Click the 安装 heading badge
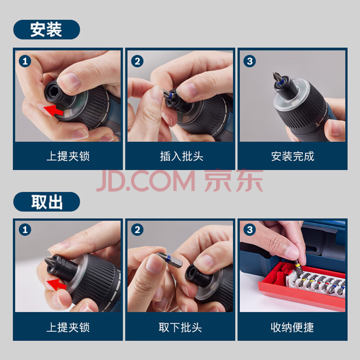coord(47,29)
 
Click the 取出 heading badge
coord(47,202)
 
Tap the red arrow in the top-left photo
coord(54,110)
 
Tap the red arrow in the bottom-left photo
coord(57,284)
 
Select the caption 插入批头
coord(182,156)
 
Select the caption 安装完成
coord(292,156)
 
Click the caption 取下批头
coord(180,327)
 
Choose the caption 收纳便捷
coord(292,327)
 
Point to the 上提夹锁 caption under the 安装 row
coord(68,156)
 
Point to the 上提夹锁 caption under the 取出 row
coord(68,327)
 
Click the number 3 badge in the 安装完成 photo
coord(250,61)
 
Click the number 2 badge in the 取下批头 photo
coord(137,229)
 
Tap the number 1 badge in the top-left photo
coord(25,61)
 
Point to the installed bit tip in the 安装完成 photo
coord(277,77)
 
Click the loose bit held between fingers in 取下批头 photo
coord(169,260)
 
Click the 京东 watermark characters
coord(234,180)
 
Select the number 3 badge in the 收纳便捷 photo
coord(250,229)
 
